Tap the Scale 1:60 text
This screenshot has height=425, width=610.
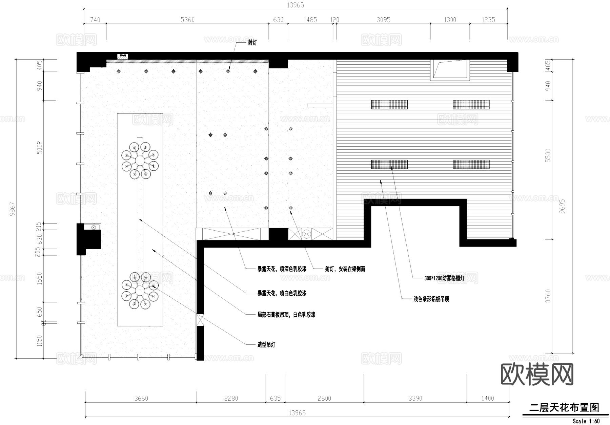pos(586,421)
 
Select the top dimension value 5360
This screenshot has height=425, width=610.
pos(187,20)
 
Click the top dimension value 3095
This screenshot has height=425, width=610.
pos(383,20)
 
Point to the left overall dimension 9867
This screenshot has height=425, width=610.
pos(13,209)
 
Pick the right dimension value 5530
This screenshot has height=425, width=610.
pos(548,155)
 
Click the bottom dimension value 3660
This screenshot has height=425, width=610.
pos(141,398)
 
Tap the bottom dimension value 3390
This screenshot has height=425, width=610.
pos(415,398)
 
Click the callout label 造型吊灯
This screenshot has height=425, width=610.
pos(266,345)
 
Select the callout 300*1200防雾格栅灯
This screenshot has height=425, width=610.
pos(444,278)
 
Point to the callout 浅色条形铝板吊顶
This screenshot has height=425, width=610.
pos(431,299)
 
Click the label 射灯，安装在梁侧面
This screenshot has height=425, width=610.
pos(345,269)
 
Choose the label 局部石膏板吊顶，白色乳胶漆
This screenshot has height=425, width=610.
pos(286,315)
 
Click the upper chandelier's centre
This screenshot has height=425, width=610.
pos(140,160)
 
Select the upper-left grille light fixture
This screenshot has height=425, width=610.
pos(389,105)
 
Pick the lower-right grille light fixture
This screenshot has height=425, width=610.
pos(471,164)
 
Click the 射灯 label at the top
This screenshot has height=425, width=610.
pos(252,43)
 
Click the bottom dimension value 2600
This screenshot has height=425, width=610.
pos(324,398)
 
